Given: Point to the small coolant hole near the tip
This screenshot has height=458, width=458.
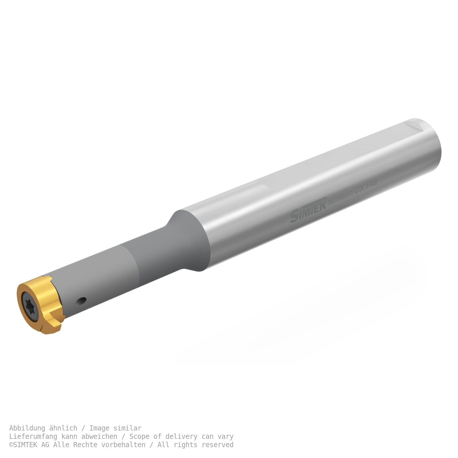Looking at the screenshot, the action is [x=81, y=301].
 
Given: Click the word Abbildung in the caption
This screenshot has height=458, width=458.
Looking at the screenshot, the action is [x=27, y=428].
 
